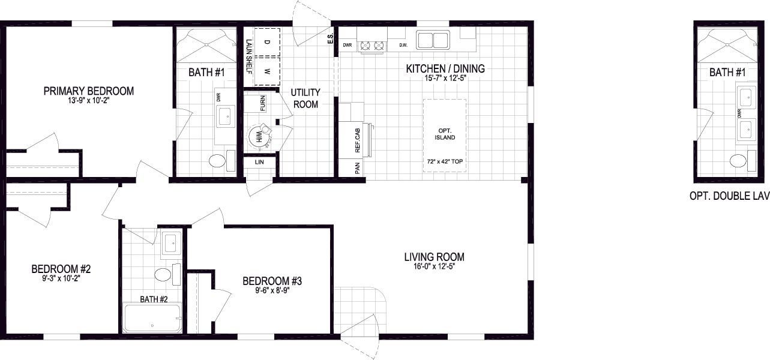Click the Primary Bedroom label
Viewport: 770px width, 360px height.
[x=88, y=91]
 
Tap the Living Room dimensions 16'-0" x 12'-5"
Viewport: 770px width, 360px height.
[x=434, y=266]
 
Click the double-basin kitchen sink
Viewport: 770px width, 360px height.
[x=433, y=40]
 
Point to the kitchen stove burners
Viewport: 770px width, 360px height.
[x=371, y=45]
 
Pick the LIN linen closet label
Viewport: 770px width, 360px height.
[x=259, y=162]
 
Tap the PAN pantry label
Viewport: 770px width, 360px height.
[x=356, y=169]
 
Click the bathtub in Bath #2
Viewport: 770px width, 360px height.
[x=152, y=319]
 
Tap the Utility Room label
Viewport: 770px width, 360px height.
[x=305, y=98]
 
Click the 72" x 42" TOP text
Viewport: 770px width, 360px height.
[x=445, y=162]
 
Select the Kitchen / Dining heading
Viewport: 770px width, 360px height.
[x=445, y=69]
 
